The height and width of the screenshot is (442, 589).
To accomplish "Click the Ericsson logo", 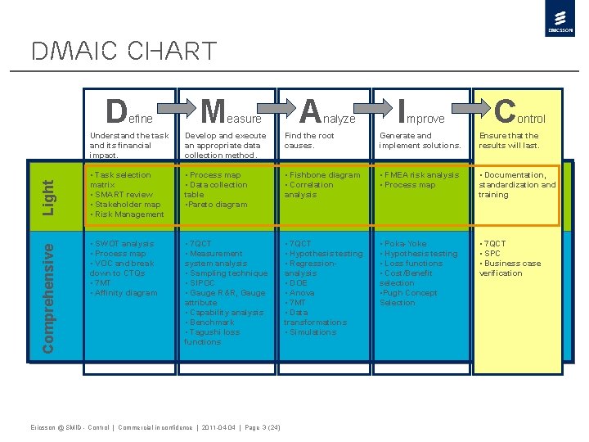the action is [x=559, y=20].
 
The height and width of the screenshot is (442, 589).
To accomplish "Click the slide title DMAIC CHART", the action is [x=124, y=52].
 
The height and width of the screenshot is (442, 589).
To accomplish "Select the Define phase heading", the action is [x=129, y=110].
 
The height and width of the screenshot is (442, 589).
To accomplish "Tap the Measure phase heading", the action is [x=231, y=110].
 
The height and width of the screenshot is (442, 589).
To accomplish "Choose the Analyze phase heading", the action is [x=327, y=110].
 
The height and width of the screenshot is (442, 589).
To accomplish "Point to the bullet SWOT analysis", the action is [x=124, y=244].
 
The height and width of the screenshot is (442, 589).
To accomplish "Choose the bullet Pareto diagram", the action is [x=217, y=205].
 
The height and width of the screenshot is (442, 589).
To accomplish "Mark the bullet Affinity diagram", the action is [x=126, y=293].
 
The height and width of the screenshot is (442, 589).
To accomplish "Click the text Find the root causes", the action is [x=309, y=141].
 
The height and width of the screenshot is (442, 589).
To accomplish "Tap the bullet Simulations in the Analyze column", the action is [x=312, y=332].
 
